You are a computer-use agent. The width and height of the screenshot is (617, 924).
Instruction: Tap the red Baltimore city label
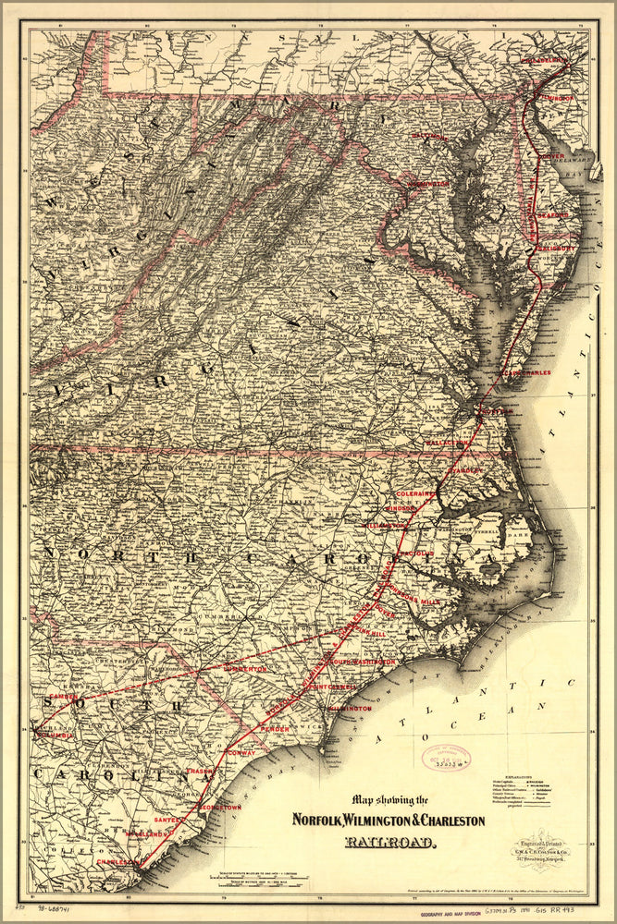[428, 137]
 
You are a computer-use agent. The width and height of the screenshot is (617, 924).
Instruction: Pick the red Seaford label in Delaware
[551, 214]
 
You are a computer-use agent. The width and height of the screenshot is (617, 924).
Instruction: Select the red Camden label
[64, 695]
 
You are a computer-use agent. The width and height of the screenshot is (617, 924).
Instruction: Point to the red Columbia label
[56, 736]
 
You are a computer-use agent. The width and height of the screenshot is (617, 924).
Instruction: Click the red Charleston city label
[117, 862]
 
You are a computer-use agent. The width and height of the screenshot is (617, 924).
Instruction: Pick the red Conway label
[238, 753]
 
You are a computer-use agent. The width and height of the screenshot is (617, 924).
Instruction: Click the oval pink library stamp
[446, 758]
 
